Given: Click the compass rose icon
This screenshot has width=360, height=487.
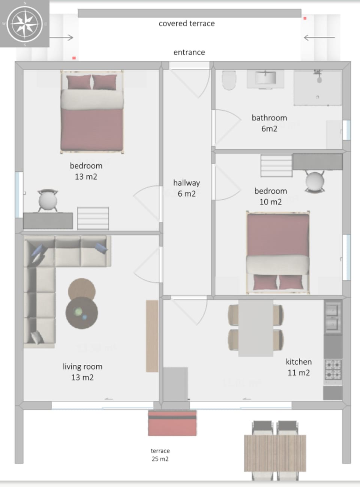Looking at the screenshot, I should click(x=25, y=24).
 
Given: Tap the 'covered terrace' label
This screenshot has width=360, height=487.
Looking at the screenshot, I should click(x=186, y=24).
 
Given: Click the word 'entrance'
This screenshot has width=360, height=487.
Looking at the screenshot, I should click(x=189, y=53).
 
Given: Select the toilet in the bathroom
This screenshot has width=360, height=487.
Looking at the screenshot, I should click(x=229, y=80).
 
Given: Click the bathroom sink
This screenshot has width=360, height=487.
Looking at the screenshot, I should click(x=265, y=78).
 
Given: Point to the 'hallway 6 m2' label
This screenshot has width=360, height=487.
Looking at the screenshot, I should click(x=186, y=188).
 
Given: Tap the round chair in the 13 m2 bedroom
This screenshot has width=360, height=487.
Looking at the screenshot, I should click(x=48, y=200).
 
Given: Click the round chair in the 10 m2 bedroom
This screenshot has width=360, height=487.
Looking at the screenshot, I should click(x=315, y=182).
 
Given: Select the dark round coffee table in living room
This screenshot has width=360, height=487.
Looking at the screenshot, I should click(x=82, y=313).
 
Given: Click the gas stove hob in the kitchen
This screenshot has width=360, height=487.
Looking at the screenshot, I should click(x=333, y=369).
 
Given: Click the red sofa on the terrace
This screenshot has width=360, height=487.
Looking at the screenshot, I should click(x=172, y=423).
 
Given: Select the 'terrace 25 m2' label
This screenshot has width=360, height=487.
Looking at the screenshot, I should click(x=160, y=455).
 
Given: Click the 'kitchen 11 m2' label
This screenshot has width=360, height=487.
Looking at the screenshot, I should click(x=298, y=367).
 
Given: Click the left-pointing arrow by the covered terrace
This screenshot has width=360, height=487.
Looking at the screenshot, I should click(x=319, y=38).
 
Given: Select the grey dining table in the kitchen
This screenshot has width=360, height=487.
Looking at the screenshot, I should click(x=256, y=328).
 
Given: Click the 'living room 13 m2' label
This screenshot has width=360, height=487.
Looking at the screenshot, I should click(x=82, y=372).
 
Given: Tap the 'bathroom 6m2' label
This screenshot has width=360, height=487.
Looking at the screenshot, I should click(x=269, y=123).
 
